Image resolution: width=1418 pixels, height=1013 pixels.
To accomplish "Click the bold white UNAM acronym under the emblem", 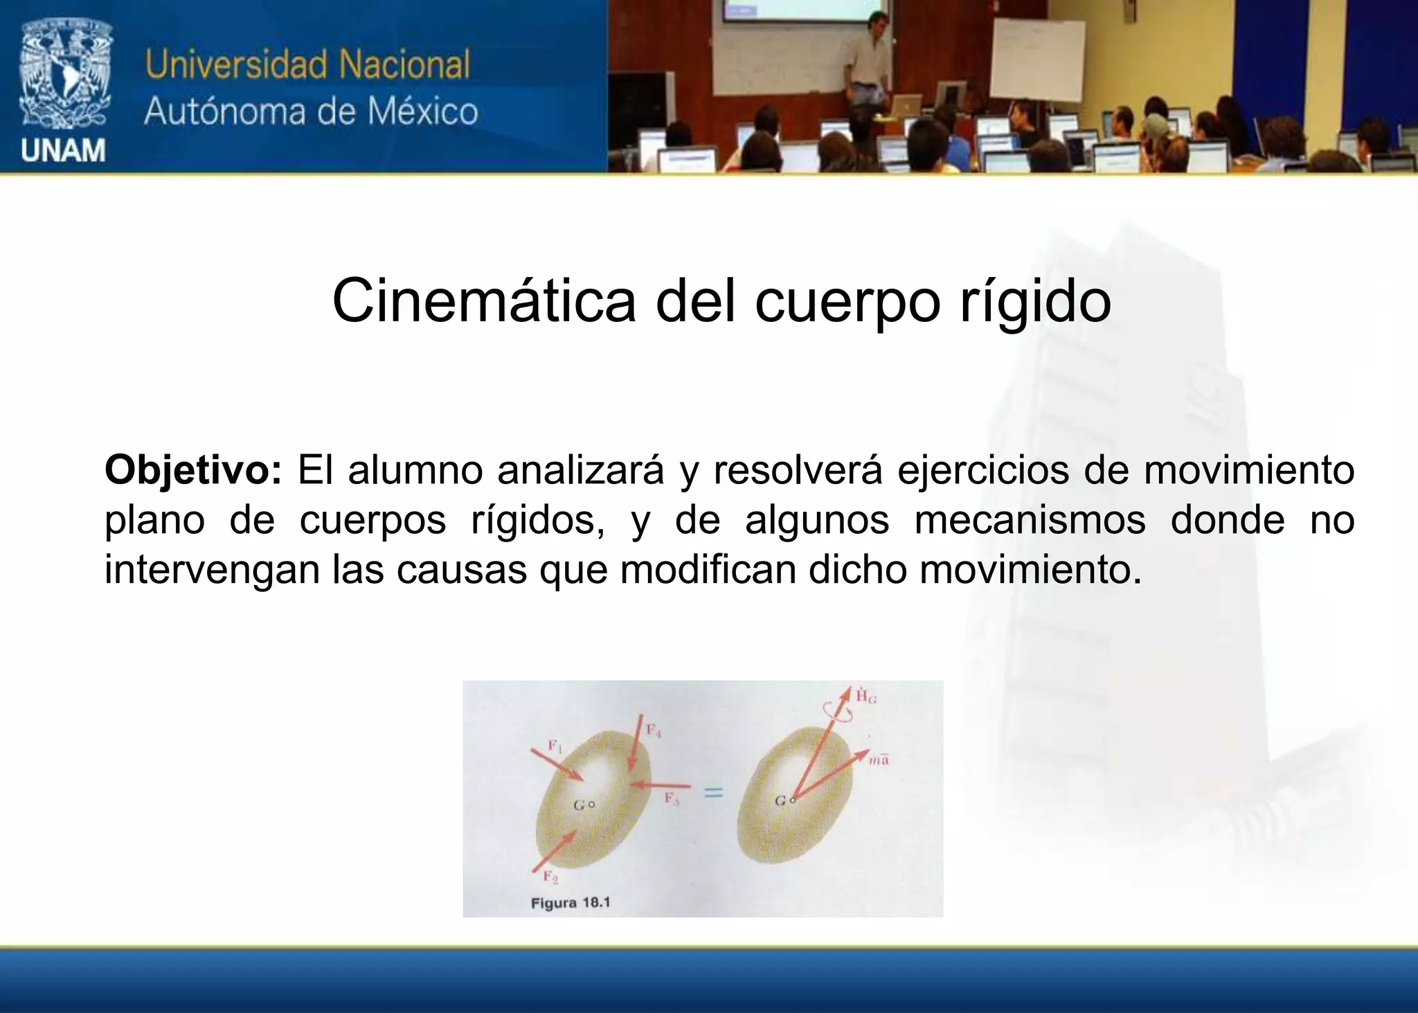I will click(63, 150).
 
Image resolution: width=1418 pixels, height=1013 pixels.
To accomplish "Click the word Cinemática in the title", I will click(483, 301).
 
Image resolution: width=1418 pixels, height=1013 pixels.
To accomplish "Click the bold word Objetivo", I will click(192, 470).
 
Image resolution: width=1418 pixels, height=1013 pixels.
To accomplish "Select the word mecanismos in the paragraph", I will click(1030, 520).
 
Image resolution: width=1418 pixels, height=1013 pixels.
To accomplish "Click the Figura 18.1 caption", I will click(570, 903).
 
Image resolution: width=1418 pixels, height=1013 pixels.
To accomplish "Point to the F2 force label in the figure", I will click(550, 877).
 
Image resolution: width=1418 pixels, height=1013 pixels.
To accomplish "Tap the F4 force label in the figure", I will click(654, 730).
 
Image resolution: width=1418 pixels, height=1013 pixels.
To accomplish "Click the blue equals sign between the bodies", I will click(713, 793).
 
